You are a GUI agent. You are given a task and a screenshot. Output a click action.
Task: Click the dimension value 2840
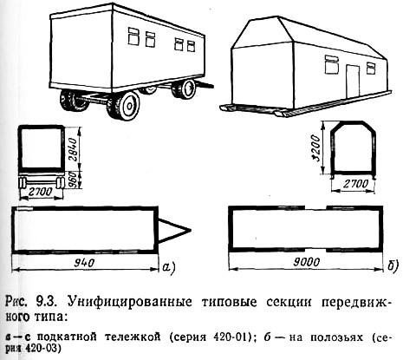[x=73, y=150]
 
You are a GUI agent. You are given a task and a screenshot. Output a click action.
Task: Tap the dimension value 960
[x=74, y=180]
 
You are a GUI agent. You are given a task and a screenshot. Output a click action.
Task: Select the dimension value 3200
[x=316, y=148]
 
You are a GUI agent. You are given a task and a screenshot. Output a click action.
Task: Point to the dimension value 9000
[x=307, y=262]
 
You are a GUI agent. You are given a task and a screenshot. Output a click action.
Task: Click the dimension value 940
[x=85, y=263]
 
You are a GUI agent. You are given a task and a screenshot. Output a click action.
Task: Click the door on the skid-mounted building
[x=353, y=81]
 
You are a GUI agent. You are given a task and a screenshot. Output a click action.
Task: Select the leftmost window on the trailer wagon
[x=133, y=36]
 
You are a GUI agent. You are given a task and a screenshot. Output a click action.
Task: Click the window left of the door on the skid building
[x=332, y=64]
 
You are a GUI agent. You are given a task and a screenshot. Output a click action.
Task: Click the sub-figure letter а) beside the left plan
[x=168, y=265]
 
